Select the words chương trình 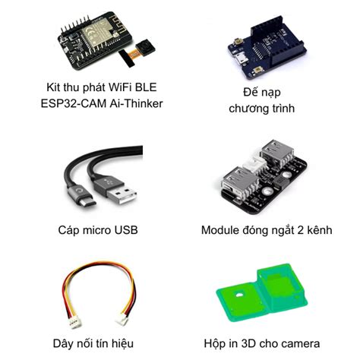pos(262,109)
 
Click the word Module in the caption pos(222,229)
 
